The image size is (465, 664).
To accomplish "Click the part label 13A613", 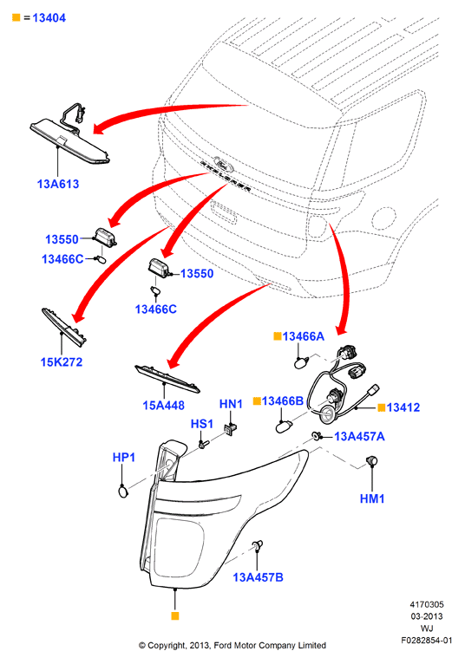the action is (x=58, y=185).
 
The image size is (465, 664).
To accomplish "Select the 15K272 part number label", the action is (x=62, y=362).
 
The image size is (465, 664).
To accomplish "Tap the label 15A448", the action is (x=164, y=406).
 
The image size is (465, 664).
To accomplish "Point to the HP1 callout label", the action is (x=124, y=458).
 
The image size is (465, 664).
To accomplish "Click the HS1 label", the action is (x=202, y=424).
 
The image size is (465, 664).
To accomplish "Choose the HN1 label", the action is (x=231, y=404).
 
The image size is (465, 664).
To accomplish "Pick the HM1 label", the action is (x=372, y=498).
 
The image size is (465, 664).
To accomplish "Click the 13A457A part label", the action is (x=359, y=437).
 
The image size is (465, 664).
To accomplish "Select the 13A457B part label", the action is (x=259, y=577).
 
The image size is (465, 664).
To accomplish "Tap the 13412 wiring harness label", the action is (x=403, y=407).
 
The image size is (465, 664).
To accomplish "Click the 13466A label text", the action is (x=304, y=336).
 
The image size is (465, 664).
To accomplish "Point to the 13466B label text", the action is (x=283, y=400).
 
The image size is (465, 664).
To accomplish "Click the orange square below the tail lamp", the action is (x=175, y=615).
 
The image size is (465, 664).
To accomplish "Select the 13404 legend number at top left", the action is (x=49, y=18).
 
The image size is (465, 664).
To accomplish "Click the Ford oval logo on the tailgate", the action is (x=222, y=162).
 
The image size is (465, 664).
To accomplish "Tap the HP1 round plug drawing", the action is (x=123, y=491).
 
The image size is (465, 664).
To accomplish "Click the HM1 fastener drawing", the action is (x=372, y=461).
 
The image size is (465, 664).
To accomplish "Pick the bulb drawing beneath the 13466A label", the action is (x=301, y=363).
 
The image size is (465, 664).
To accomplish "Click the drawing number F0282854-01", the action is (x=427, y=641).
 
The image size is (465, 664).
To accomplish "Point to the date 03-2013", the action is (x=427, y=616).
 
